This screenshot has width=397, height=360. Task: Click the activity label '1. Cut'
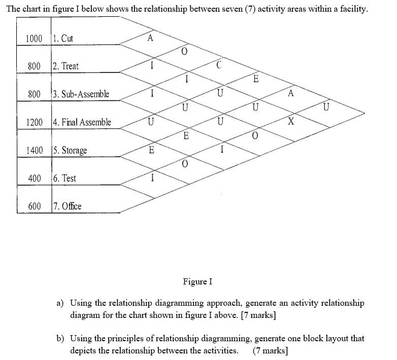click(63, 39)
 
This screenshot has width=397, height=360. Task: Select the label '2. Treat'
click(65, 66)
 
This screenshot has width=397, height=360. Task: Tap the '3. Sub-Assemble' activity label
click(81, 94)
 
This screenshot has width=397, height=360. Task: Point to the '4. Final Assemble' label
click(82, 122)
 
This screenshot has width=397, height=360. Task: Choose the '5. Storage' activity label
click(70, 151)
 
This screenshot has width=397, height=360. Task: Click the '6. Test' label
click(64, 178)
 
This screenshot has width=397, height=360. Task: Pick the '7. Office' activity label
click(67, 206)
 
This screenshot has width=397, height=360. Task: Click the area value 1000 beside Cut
click(34, 39)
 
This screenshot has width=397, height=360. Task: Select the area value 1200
click(34, 122)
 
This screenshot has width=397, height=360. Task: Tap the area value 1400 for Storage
click(34, 151)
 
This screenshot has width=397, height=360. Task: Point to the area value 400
click(35, 178)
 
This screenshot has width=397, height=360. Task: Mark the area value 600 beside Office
click(35, 206)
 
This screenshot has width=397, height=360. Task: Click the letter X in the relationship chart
click(291, 122)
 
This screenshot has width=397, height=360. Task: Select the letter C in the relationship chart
click(219, 65)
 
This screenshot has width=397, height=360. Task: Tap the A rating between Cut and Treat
click(150, 38)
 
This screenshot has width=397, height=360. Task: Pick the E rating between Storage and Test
click(151, 150)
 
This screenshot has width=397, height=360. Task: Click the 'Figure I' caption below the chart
click(197, 281)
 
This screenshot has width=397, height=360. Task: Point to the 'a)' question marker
click(60, 303)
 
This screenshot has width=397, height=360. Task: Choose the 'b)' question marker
click(60, 338)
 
